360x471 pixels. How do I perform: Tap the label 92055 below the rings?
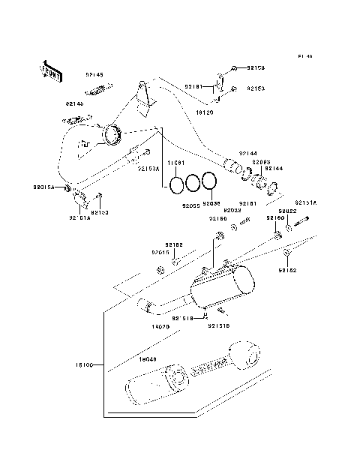[x=190, y=204]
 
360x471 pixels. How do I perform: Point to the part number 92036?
[x=211, y=203]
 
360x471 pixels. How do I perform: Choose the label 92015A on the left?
[x=43, y=187]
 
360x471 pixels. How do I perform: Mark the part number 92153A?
[x=148, y=169]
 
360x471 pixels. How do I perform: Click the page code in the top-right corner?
[x=304, y=56]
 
